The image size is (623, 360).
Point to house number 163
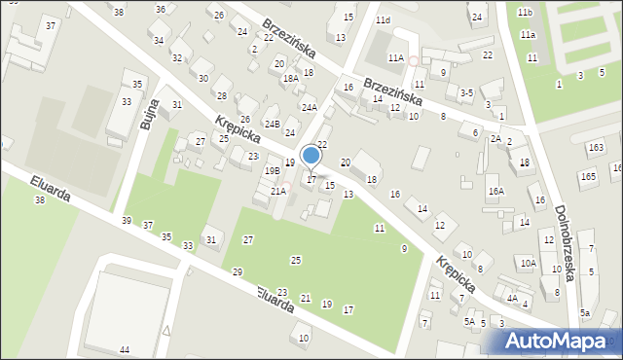(x=595, y=147)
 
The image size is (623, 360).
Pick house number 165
(x=588, y=176)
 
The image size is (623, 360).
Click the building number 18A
(x=290, y=79)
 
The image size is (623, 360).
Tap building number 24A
(x=310, y=108)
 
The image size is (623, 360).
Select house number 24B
(x=273, y=124)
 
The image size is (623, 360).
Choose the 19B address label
(x=272, y=170)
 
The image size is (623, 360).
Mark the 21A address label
(x=278, y=191)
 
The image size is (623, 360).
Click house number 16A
(x=496, y=192)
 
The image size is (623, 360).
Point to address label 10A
(x=528, y=263)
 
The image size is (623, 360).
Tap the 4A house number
(x=512, y=299)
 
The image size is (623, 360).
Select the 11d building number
(x=384, y=20)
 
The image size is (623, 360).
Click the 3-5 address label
(x=466, y=92)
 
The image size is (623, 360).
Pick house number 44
(x=125, y=349)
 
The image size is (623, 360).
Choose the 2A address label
(x=495, y=139)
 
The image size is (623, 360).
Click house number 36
(x=160, y=9)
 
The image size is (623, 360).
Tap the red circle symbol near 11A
(x=413, y=60)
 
